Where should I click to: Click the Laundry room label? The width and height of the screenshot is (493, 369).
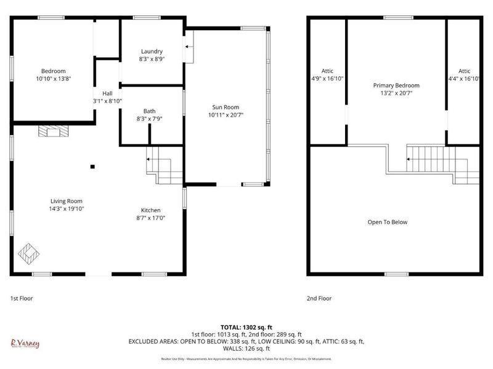(152, 51)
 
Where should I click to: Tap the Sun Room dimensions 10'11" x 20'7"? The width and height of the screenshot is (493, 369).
(226, 115)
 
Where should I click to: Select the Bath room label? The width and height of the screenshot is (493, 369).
(149, 111)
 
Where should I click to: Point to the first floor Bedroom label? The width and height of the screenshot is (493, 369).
(54, 71)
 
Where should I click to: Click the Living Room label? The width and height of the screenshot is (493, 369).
(67, 201)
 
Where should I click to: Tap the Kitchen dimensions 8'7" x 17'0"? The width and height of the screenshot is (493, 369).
(151, 218)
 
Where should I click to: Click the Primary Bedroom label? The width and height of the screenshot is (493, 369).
(396, 85)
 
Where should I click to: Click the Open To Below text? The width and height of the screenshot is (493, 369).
(388, 222)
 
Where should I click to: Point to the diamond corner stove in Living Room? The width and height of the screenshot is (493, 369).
(28, 252)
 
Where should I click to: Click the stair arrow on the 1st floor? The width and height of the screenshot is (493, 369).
(149, 159)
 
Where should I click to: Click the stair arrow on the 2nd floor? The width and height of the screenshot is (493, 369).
(409, 159)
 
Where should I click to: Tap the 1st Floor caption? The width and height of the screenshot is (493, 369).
(22, 298)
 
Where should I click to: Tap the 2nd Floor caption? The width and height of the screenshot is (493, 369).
(319, 298)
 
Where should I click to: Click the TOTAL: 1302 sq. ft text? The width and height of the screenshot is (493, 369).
(246, 327)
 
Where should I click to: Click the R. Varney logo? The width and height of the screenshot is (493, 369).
(25, 343)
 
